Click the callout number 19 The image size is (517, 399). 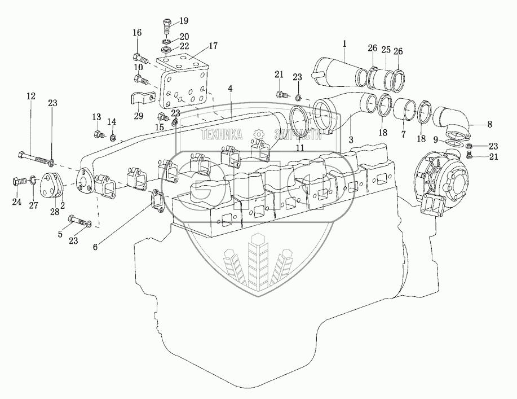tap(184, 21)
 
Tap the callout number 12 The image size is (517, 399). tap(30, 97)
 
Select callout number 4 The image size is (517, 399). tap(230, 88)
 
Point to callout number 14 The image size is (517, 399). tap(112, 121)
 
